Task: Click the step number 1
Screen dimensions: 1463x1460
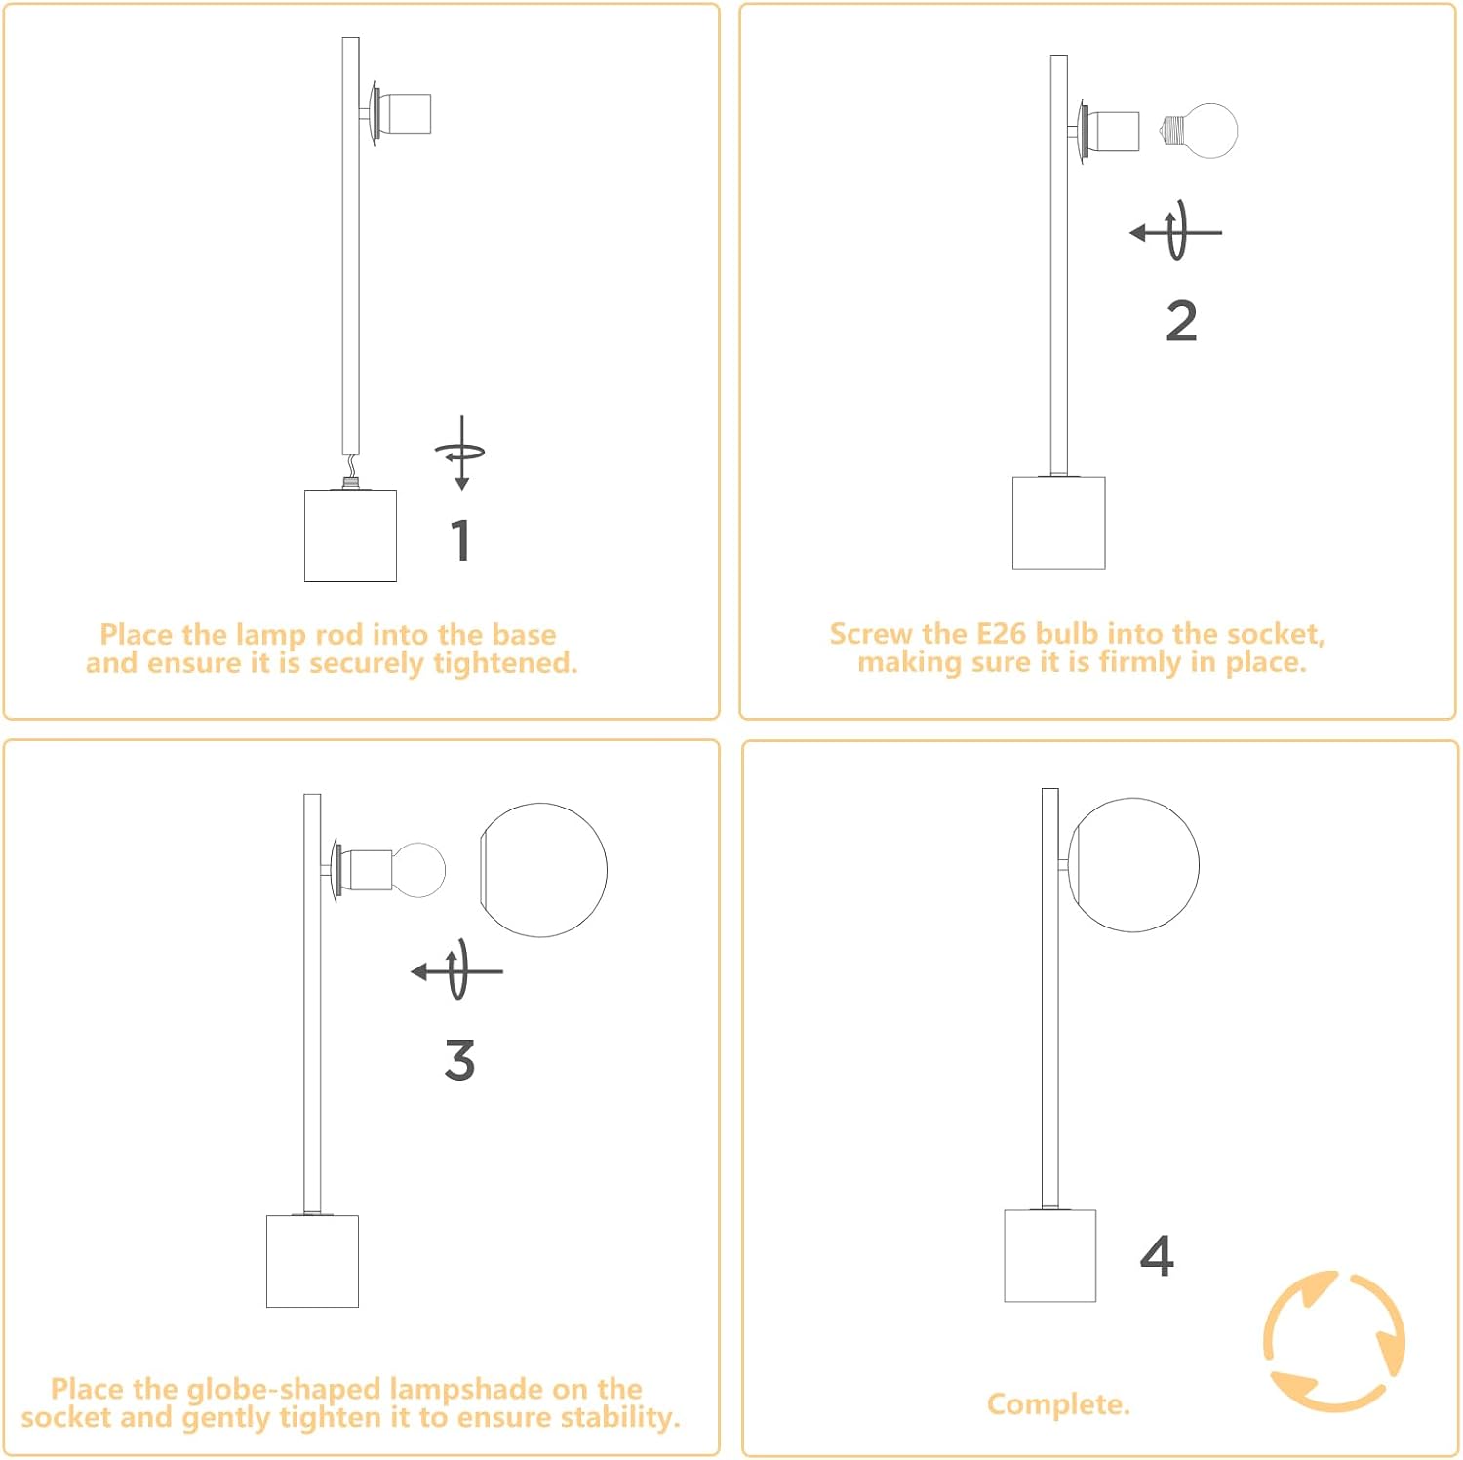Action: click(x=461, y=540)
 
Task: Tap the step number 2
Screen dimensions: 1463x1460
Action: click(x=1181, y=321)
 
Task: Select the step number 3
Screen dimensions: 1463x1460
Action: click(x=459, y=1060)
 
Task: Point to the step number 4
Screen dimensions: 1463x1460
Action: click(x=1157, y=1255)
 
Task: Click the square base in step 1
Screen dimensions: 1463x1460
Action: click(x=350, y=535)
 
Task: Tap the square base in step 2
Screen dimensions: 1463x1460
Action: click(x=1058, y=523)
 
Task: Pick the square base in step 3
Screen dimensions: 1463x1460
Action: click(x=312, y=1261)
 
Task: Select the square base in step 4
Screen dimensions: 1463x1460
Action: click(x=1050, y=1256)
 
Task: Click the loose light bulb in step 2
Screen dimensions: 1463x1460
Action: click(x=1200, y=131)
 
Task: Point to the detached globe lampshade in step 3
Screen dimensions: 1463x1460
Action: click(x=542, y=870)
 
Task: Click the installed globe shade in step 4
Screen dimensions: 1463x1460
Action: click(x=1133, y=864)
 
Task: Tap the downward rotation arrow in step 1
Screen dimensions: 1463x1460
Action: click(x=461, y=453)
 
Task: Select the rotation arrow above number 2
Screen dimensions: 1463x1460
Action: click(x=1175, y=232)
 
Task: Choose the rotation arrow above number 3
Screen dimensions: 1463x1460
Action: click(x=456, y=970)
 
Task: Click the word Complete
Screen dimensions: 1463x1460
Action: click(x=1058, y=1404)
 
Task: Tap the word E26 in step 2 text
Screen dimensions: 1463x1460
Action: click(x=1002, y=634)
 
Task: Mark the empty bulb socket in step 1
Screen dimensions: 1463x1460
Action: click(x=401, y=114)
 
